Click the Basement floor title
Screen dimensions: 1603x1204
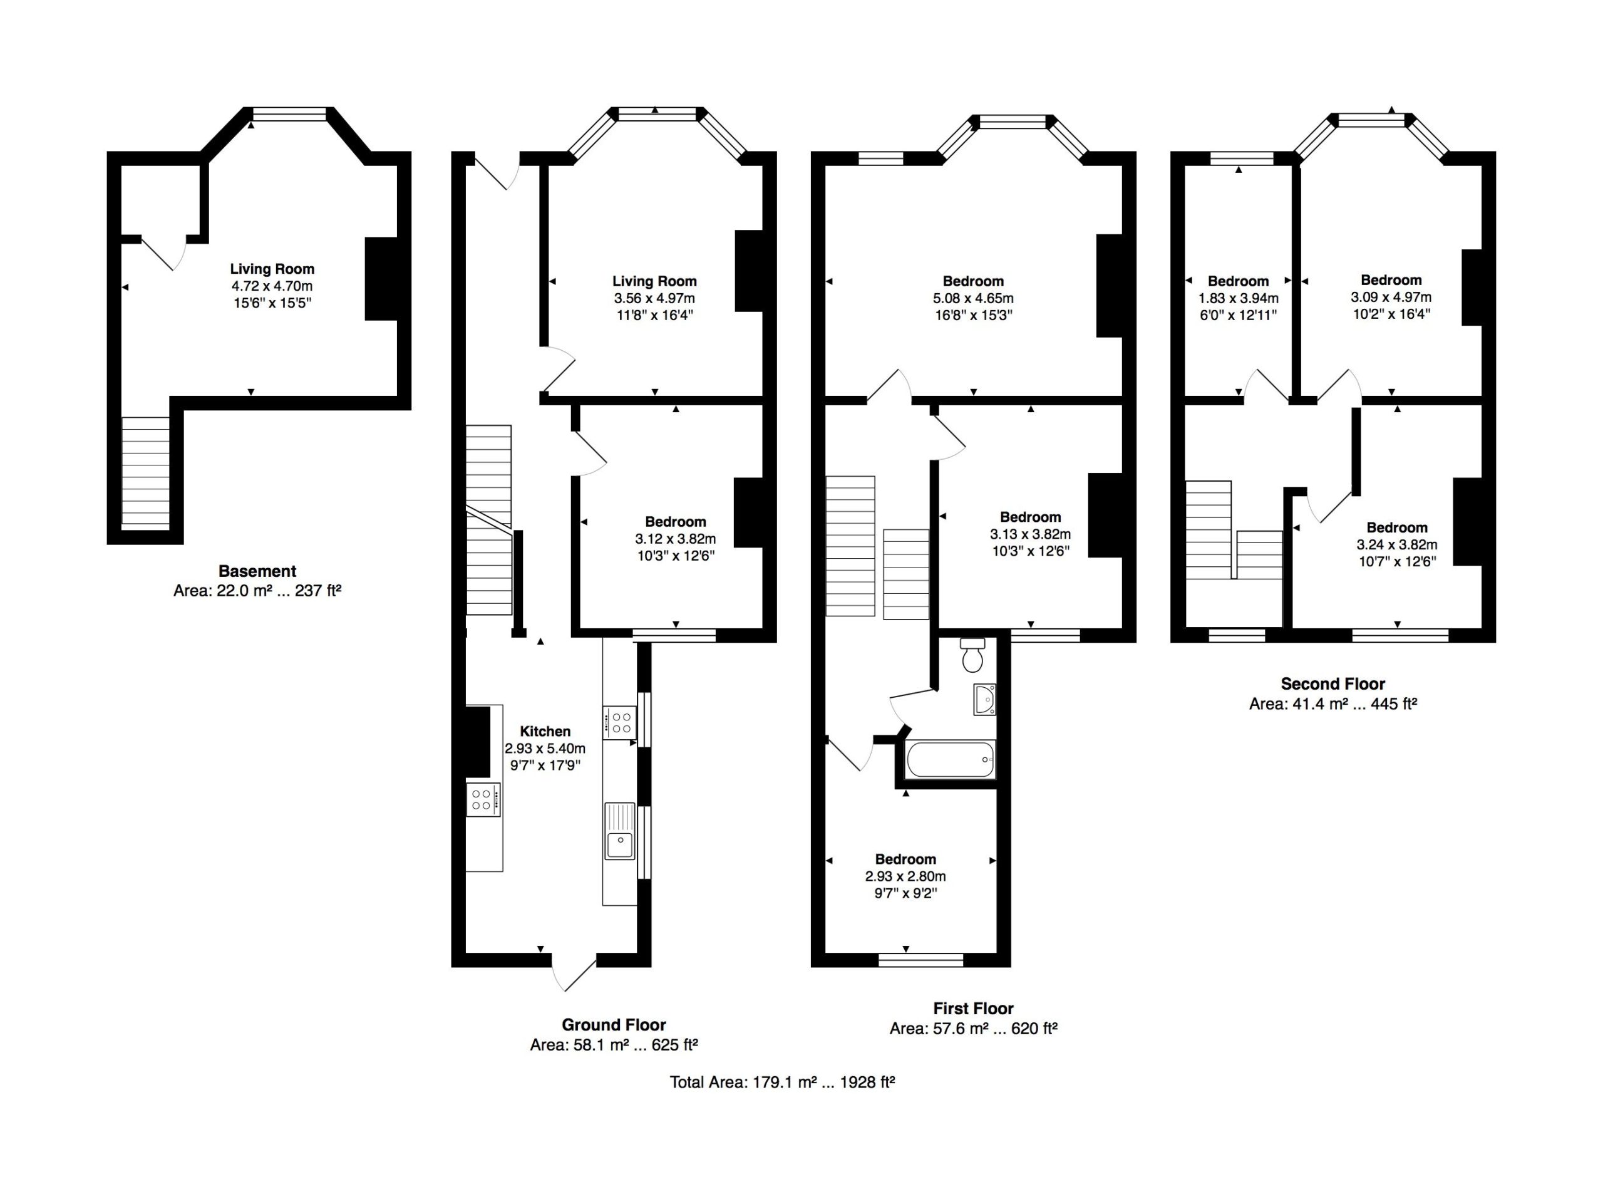pyautogui.click(x=257, y=571)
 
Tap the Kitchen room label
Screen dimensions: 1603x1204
pyautogui.click(x=545, y=732)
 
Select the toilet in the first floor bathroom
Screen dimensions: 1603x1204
pyautogui.click(x=972, y=655)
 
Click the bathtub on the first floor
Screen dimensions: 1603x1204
pyautogui.click(x=950, y=759)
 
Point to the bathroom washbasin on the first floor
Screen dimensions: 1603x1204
pyautogui.click(x=985, y=700)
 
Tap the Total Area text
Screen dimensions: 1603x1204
pyautogui.click(x=782, y=1082)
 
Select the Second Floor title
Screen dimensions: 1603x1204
pyautogui.click(x=1332, y=683)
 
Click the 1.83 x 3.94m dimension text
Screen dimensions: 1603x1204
pyautogui.click(x=1238, y=298)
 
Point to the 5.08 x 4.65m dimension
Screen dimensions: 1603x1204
pyautogui.click(x=973, y=298)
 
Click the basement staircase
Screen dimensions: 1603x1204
pyautogui.click(x=146, y=471)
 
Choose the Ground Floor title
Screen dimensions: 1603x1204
pyautogui.click(x=614, y=1025)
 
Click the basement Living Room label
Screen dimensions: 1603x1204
pyautogui.click(x=272, y=269)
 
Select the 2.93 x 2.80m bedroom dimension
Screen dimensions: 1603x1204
pyautogui.click(x=905, y=876)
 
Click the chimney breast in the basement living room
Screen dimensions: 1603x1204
pyautogui.click(x=381, y=278)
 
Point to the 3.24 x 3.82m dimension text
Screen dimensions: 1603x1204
pyautogui.click(x=1396, y=544)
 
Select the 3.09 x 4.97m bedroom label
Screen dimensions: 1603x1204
pyautogui.click(x=1391, y=296)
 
